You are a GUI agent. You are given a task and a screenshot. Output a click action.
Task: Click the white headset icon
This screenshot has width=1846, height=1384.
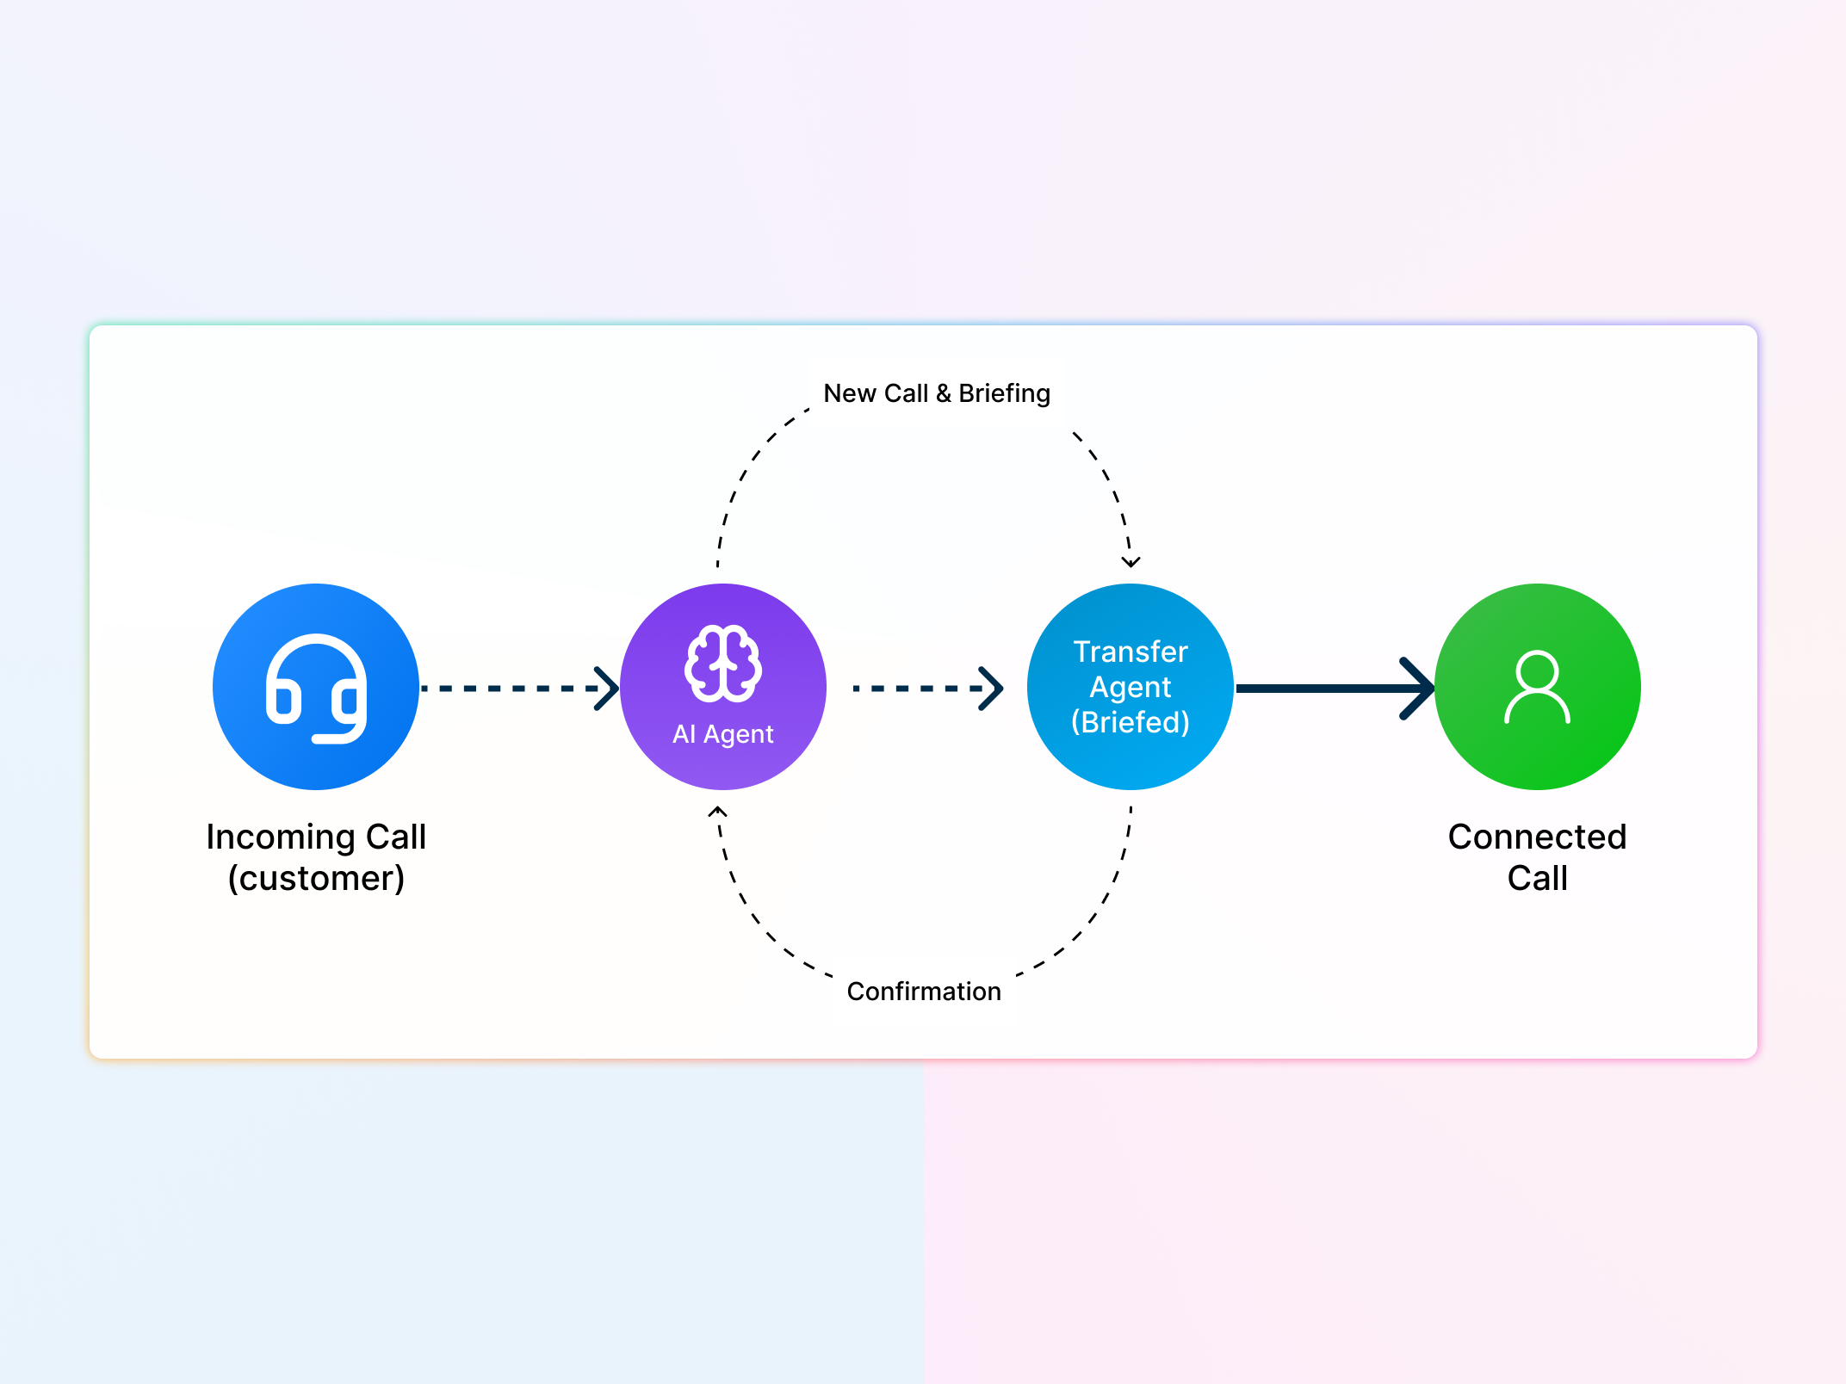[316, 689]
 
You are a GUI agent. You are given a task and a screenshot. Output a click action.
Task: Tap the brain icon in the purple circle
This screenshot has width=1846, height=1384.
[723, 663]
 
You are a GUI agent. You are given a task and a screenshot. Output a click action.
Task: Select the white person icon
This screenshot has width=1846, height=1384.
[1538, 687]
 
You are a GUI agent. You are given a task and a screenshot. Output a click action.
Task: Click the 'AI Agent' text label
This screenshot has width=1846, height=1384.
[723, 734]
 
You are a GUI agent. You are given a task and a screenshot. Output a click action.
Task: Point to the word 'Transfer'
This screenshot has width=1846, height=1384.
[1131, 652]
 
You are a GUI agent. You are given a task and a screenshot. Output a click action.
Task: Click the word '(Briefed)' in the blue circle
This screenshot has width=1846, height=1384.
[1131, 722]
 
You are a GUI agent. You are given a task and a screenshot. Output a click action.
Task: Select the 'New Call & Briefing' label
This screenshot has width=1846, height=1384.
[937, 393]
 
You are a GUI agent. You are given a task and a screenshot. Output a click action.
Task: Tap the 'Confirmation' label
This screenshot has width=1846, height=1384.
[924, 992]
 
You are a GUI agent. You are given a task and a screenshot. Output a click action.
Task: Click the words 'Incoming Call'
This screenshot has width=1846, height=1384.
[316, 837]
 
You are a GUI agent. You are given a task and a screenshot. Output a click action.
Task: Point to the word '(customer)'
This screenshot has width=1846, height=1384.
[316, 878]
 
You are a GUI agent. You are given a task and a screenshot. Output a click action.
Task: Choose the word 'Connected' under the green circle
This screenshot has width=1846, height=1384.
[1538, 837]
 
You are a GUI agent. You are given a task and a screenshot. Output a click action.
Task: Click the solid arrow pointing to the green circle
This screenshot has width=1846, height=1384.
[1335, 689]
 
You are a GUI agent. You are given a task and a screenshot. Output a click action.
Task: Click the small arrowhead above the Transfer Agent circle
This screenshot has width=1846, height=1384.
[1131, 562]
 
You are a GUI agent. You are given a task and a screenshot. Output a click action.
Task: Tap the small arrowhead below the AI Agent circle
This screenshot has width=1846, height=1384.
[718, 811]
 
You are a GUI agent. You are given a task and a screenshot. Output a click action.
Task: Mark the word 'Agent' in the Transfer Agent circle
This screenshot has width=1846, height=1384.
[1131, 687]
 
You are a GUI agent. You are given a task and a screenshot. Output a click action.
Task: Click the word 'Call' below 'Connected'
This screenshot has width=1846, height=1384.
[1538, 878]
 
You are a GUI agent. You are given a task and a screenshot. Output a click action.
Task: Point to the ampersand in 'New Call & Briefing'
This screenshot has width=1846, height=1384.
[944, 393]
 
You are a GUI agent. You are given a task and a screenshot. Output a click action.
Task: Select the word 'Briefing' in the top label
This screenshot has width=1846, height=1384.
[1005, 393]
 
